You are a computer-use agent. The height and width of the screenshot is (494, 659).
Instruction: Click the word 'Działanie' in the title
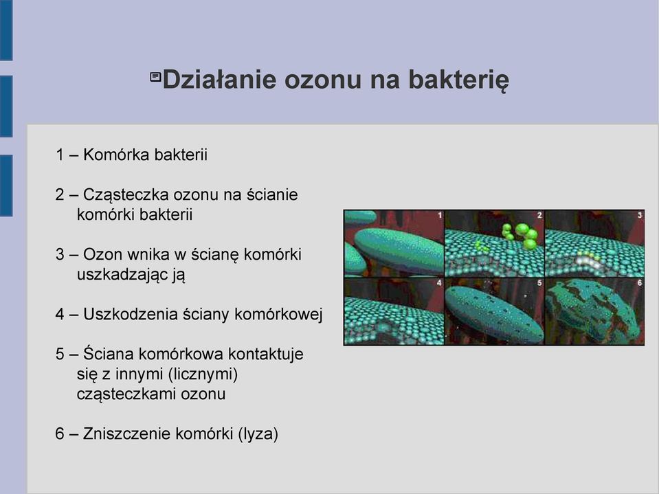click(219, 79)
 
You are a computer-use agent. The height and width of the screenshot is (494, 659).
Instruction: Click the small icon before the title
click(155, 76)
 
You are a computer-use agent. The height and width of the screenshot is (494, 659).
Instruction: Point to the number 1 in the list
click(60, 155)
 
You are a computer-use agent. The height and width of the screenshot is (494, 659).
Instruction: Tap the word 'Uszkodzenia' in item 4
click(131, 314)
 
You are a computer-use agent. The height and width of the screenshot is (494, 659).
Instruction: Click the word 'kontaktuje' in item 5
click(266, 354)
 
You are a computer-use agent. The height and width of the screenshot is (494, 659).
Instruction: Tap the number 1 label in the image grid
click(440, 216)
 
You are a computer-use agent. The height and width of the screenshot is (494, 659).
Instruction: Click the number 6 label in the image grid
click(640, 283)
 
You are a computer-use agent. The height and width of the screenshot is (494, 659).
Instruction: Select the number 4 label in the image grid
click(439, 283)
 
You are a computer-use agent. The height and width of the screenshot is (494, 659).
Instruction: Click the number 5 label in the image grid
click(539, 283)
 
